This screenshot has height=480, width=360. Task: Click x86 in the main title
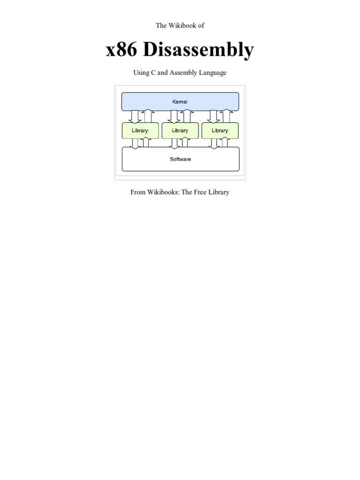coord(122,50)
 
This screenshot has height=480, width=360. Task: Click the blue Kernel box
coord(180,101)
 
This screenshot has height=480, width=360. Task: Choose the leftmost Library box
coord(140,131)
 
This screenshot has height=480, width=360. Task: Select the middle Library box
coord(180,131)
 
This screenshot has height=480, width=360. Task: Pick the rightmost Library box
coord(220,131)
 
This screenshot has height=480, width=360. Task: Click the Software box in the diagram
coord(180,159)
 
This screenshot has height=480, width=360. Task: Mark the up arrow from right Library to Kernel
coord(227,116)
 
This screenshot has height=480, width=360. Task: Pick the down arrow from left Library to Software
coord(135,142)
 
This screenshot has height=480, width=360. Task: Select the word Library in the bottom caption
coord(218,192)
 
